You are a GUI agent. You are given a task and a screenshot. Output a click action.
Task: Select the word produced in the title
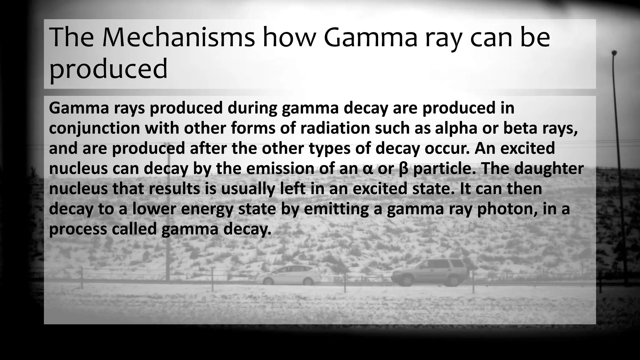108,69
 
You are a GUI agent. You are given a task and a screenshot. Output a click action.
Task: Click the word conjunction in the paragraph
94,128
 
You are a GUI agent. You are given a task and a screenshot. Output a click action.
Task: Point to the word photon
507,209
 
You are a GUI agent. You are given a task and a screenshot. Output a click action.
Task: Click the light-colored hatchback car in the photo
289,275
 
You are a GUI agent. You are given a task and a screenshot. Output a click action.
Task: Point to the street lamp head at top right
614,52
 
